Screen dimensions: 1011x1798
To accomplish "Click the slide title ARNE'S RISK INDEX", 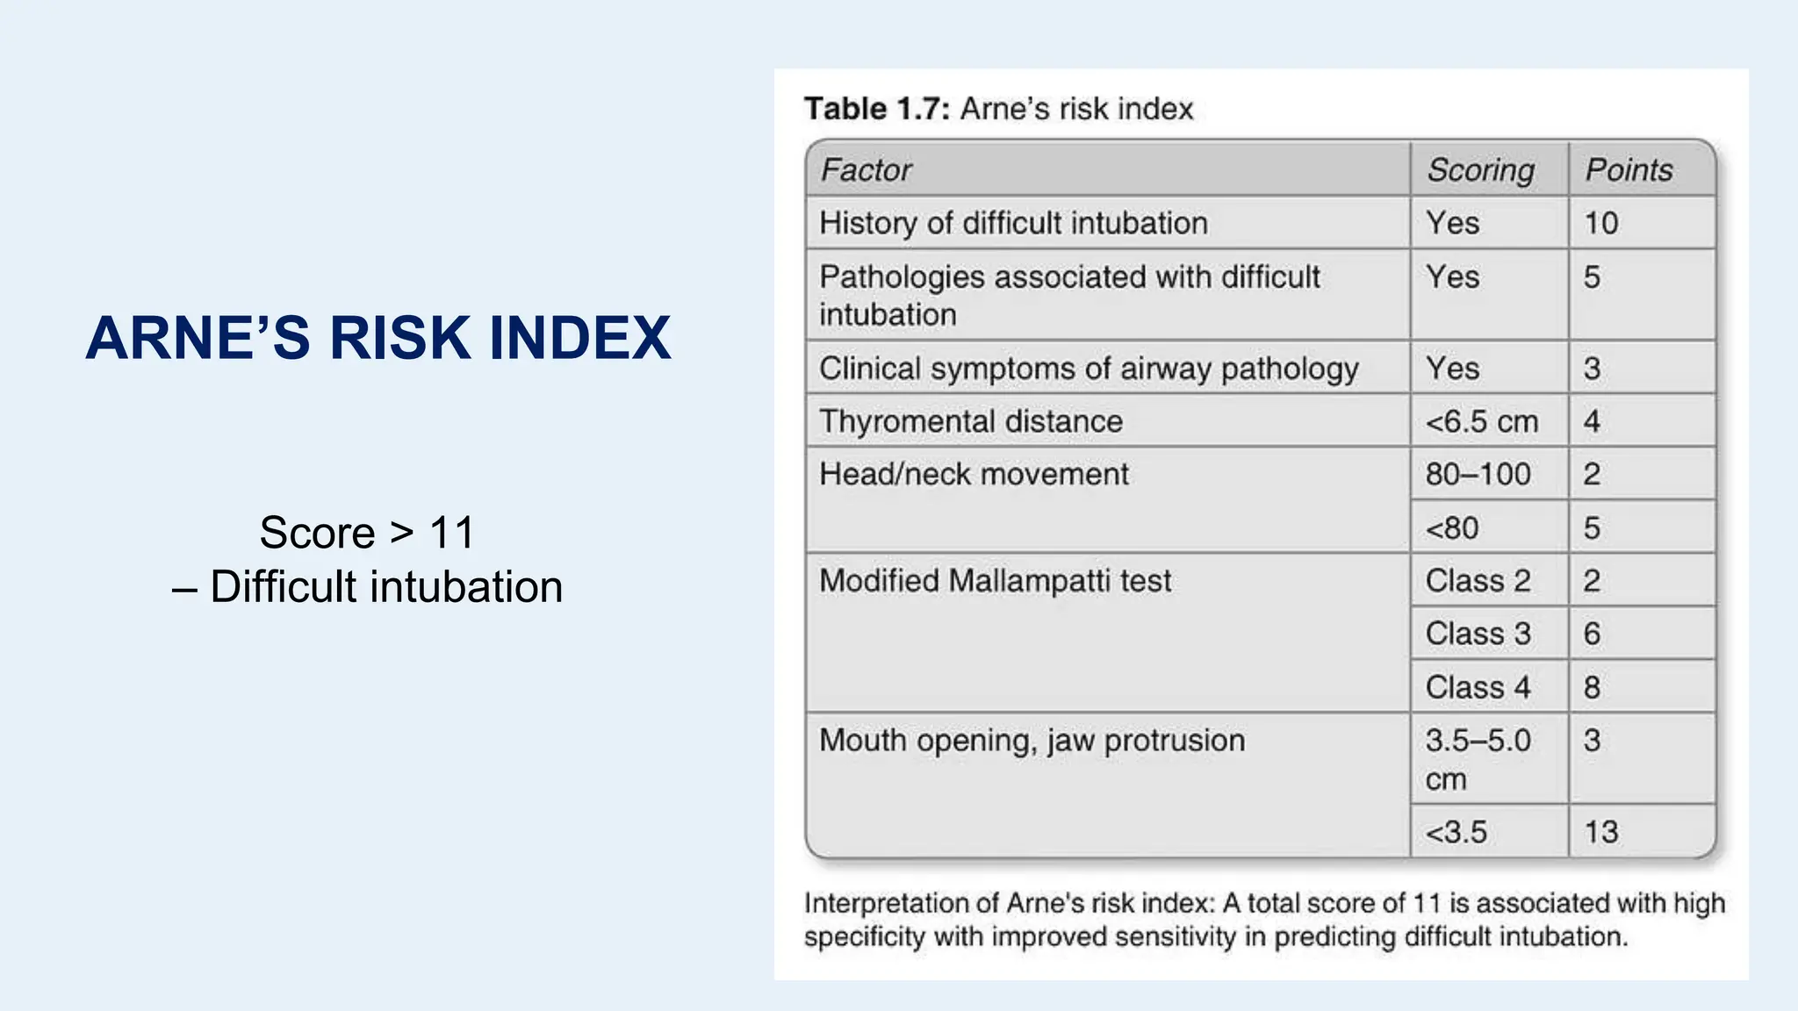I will (x=378, y=338).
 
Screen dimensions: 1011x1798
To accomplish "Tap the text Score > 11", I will (x=367, y=533).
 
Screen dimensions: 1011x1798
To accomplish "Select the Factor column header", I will (x=867, y=169).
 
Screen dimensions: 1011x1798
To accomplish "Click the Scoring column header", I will (x=1480, y=169).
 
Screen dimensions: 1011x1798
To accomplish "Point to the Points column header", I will (x=1629, y=169).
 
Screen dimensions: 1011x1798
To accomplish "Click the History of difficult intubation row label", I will (x=1013, y=223).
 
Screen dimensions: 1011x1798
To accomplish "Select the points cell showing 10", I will (x=1601, y=223).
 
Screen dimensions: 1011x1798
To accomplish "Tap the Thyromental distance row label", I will (x=970, y=421).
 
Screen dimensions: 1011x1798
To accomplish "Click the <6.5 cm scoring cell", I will (x=1481, y=421).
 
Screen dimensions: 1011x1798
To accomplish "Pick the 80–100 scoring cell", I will (x=1478, y=475).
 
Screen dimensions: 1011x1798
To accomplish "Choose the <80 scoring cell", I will (x=1452, y=528).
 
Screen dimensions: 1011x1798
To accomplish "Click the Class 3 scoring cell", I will (x=1478, y=634).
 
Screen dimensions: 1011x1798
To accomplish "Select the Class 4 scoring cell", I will (x=1478, y=687).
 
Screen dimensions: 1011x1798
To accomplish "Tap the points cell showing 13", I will (x=1601, y=831).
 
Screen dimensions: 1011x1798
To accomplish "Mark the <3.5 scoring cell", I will (x=1456, y=831).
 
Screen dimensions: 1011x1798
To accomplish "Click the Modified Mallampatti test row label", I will (x=995, y=581).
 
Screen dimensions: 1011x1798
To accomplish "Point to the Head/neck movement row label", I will (x=974, y=475).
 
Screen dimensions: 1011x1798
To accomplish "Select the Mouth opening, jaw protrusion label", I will (x=1032, y=741).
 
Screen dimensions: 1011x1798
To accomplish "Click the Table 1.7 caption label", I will (x=998, y=109).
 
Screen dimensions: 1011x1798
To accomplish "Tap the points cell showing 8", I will (x=1593, y=687).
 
